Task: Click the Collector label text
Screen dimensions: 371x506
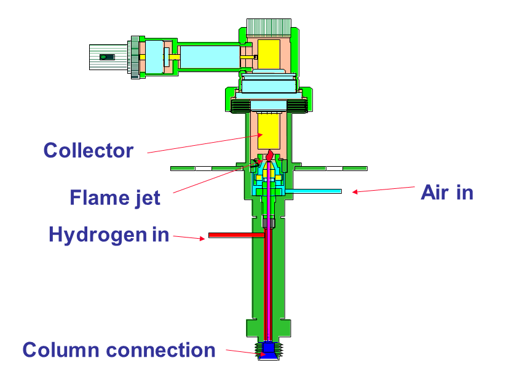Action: pyautogui.click(x=88, y=150)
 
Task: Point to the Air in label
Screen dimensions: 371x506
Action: pyautogui.click(x=447, y=193)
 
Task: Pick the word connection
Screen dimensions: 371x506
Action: pyautogui.click(x=160, y=350)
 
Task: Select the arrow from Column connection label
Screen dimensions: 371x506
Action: pyautogui.click(x=243, y=352)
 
